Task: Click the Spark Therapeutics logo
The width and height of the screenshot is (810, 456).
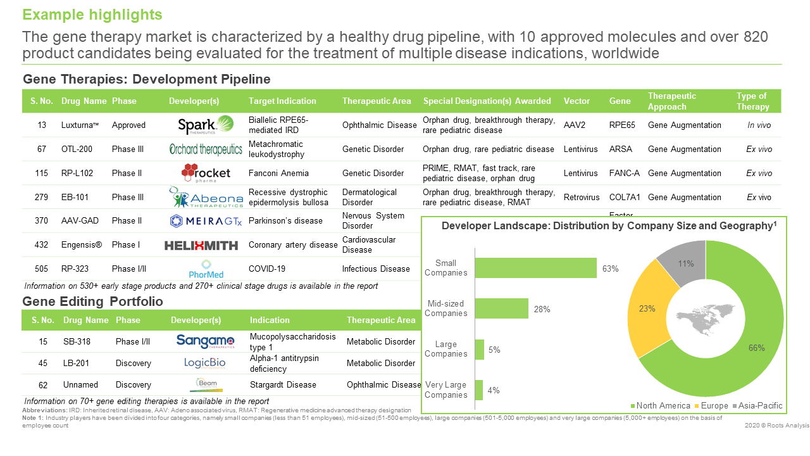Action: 206,125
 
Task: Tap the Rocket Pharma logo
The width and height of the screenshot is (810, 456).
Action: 206,173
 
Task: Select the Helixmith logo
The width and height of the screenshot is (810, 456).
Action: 201,245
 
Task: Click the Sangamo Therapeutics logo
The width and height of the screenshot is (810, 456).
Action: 205,341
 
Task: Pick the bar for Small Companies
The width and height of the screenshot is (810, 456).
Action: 535,268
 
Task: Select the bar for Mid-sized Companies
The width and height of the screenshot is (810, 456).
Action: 501,308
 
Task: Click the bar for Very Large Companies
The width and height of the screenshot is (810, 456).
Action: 479,390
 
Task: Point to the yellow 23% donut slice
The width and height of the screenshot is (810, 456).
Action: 646,309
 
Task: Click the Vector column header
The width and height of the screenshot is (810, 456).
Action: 576,101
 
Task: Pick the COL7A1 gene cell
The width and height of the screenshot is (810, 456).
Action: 623,197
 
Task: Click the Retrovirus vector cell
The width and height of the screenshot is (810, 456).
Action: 581,197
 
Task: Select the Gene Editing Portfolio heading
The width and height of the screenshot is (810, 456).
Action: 92,301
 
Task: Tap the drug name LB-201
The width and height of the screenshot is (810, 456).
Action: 77,363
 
